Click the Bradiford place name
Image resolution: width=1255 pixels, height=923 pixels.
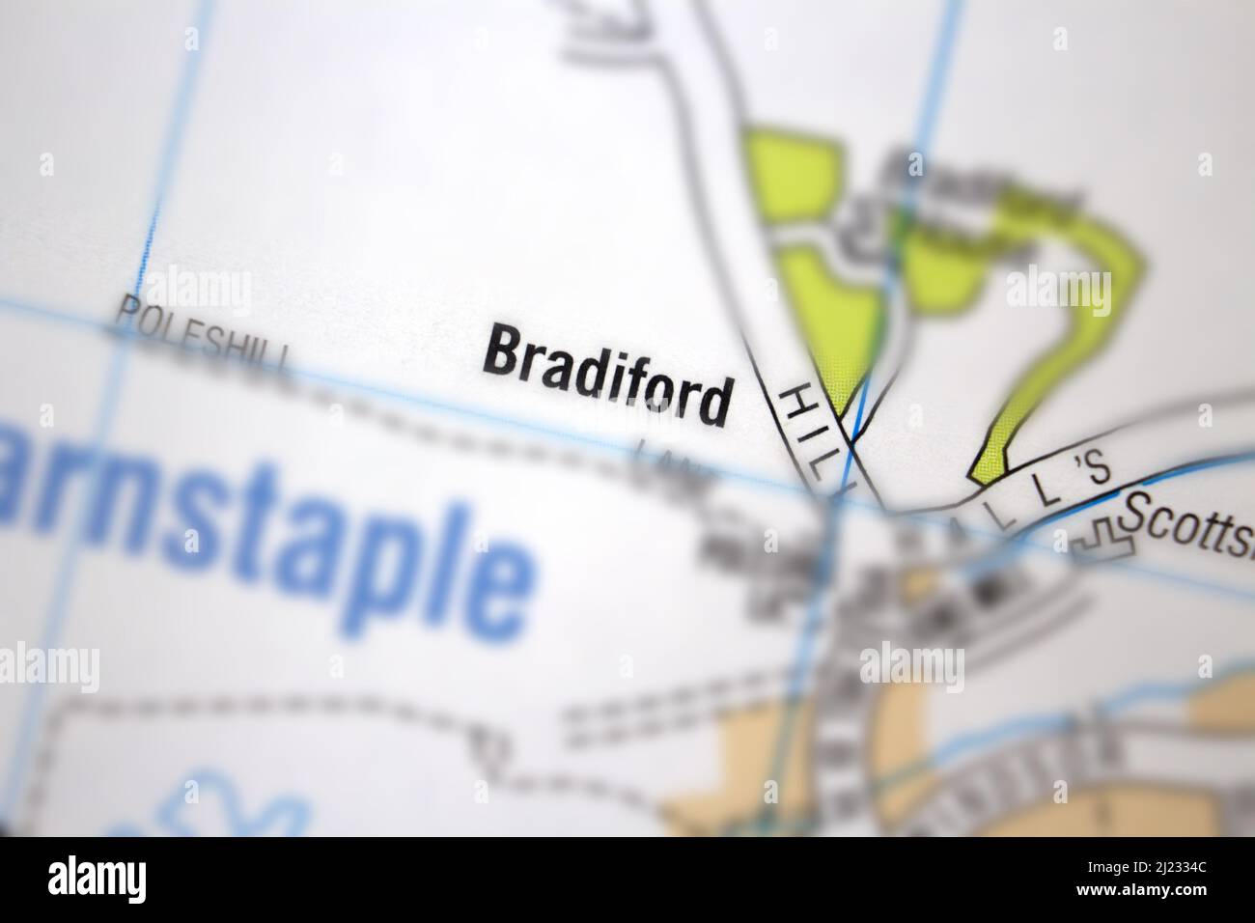coord(606,375)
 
